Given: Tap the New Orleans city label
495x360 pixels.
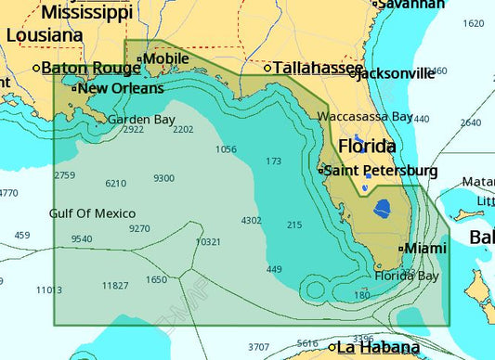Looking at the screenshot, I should point(120,89).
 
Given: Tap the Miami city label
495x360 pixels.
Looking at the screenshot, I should point(424,248).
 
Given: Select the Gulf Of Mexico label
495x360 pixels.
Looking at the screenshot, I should point(92,213).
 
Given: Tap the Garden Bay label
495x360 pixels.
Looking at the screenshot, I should point(141,120).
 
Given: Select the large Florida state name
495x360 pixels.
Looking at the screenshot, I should point(366,147).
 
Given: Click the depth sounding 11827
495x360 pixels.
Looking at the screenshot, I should point(115,285).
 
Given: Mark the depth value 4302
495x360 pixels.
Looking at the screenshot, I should point(251,221).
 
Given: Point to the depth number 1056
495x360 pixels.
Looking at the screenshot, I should point(226,149).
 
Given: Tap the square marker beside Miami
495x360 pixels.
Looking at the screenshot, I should point(401,249).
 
